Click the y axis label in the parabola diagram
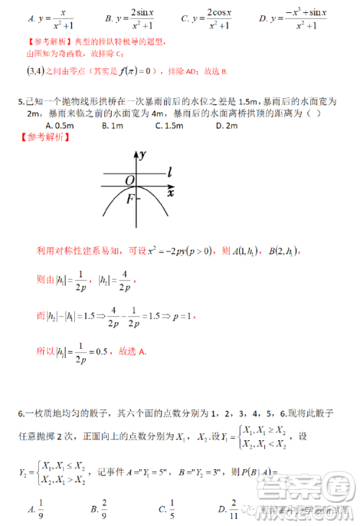click(144, 154)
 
